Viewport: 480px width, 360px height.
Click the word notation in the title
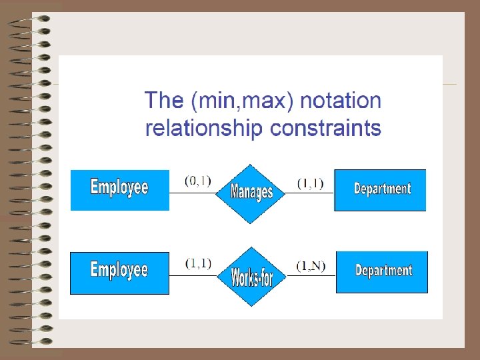point(341,101)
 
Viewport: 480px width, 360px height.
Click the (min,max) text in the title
point(243,101)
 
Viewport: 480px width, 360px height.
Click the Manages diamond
point(251,193)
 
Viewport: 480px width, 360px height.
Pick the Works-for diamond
point(251,276)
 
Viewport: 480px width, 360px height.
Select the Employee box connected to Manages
point(120,190)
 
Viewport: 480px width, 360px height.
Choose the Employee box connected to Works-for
point(119,273)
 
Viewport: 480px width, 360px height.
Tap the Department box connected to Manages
point(380,190)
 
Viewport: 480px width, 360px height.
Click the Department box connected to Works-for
point(381,272)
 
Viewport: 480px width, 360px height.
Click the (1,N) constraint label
point(311,266)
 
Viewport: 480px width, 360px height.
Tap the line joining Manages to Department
point(309,193)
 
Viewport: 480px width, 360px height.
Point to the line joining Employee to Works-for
point(193,275)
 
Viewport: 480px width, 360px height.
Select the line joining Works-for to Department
point(310,275)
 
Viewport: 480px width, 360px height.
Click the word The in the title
point(164,101)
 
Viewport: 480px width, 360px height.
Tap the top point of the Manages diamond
point(251,165)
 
